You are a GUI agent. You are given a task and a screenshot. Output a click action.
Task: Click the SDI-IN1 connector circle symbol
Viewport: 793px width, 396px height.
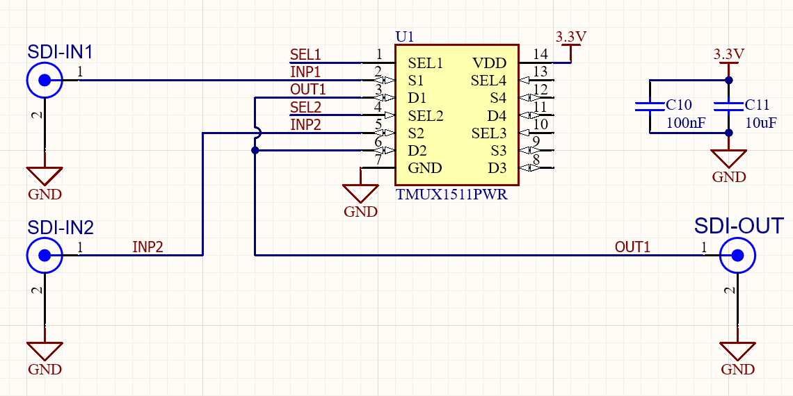[x=45, y=81]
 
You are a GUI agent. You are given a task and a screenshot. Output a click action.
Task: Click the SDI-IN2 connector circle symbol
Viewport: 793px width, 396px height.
[x=45, y=256]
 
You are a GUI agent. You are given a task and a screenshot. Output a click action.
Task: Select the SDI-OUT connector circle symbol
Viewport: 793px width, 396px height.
[x=737, y=256]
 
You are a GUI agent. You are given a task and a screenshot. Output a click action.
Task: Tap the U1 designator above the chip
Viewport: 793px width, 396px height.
[x=403, y=37]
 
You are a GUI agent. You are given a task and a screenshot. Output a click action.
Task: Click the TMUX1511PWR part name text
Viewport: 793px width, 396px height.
[x=451, y=195]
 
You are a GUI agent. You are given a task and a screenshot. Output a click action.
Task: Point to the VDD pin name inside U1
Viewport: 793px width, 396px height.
[x=490, y=63]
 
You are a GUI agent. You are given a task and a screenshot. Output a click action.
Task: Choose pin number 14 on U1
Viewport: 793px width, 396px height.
[x=540, y=54]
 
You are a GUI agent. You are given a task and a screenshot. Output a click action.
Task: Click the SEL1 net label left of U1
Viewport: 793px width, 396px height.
[x=305, y=54]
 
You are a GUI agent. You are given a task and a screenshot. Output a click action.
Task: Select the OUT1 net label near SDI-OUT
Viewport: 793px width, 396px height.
[x=632, y=247]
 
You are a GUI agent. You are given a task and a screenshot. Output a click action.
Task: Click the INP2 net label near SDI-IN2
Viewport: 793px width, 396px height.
[x=147, y=247]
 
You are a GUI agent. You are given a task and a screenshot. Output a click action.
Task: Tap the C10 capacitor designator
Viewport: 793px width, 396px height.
[x=678, y=105]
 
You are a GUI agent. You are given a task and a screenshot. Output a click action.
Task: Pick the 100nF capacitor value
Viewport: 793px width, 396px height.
[x=685, y=123]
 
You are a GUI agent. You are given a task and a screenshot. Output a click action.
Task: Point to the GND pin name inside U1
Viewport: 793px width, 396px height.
[x=424, y=168]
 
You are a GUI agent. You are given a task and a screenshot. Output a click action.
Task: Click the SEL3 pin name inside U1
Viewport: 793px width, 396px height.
[x=489, y=133]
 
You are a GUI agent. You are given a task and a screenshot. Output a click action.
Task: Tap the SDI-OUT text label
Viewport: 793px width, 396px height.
[x=739, y=226]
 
